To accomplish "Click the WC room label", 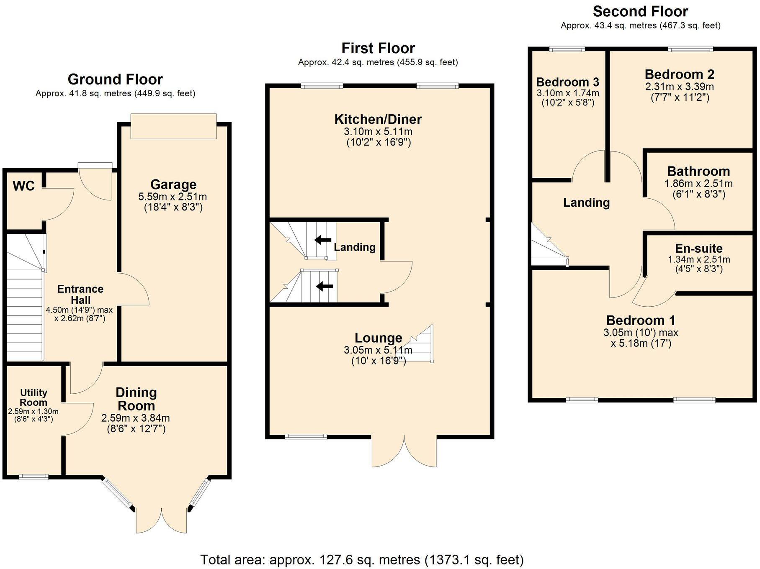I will pos(23,186).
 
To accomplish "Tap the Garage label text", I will pos(173,185).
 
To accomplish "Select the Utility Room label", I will pos(33,397).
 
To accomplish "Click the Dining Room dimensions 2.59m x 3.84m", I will pos(135,418).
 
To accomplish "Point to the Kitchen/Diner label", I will pos(378,119).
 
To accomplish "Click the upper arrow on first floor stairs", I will pos(322,240).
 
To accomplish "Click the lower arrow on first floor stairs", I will pos(324,287).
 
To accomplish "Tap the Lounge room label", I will pos(378,338).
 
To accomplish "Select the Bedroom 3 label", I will pos(567,82).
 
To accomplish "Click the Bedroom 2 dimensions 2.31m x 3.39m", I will pos(679,87).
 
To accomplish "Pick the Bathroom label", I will pos(698,171).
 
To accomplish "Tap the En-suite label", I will pos(698,249).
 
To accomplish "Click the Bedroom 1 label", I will pos(640,320).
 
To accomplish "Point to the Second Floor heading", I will pos(640,11).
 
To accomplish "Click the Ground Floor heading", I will pos(115,79).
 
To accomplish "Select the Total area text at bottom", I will pos(362,559).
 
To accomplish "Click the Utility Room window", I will pos(34,477).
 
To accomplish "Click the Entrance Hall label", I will pos(80,295).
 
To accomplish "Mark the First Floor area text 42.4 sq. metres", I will pos(378,62).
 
